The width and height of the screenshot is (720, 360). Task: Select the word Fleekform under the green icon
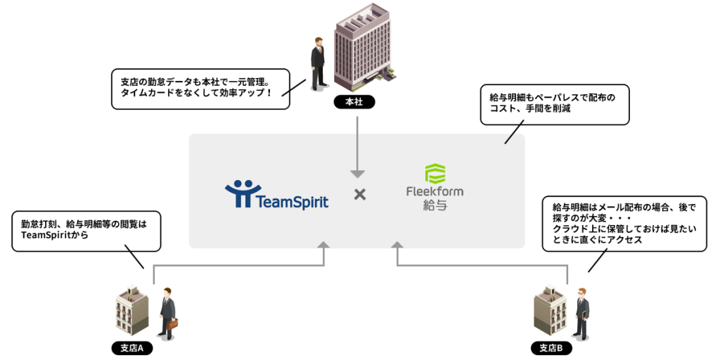coord(435,191)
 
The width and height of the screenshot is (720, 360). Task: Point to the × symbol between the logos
coord(359,194)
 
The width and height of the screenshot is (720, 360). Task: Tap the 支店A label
coord(131,348)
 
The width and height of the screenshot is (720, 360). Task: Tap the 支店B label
coord(551,348)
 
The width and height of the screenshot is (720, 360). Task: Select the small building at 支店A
coord(132,309)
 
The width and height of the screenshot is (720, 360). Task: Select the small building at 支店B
coord(551,309)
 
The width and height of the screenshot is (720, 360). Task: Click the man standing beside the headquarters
coord(318,65)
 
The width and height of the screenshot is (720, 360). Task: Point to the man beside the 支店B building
coord(581,314)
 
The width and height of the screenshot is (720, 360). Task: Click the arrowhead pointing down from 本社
coord(357,173)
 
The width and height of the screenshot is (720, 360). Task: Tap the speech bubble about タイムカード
coord(200,88)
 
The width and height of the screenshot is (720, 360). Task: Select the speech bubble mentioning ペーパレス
coord(554,104)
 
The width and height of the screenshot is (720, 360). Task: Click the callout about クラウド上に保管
coord(624,224)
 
